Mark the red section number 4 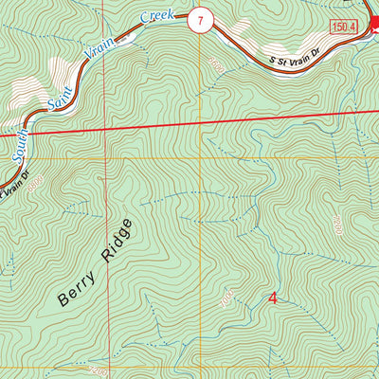tap(273, 298)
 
